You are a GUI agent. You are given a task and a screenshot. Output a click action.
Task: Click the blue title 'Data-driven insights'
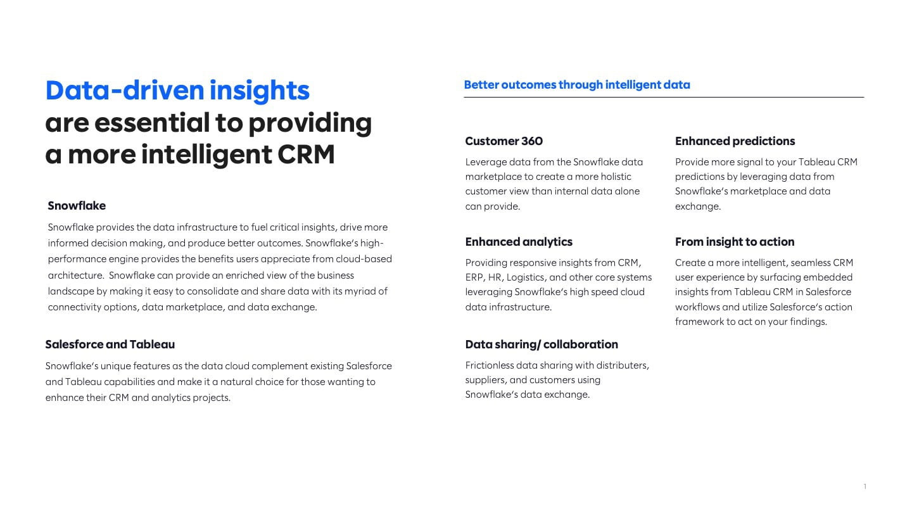177,91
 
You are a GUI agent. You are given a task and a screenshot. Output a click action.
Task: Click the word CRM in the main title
306,155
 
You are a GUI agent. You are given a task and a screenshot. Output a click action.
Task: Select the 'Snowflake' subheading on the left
77,206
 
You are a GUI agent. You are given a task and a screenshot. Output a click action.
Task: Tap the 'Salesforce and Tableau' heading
110,345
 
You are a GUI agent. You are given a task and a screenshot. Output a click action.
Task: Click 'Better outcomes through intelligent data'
577,85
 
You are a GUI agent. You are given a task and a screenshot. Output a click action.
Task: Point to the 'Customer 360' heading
504,141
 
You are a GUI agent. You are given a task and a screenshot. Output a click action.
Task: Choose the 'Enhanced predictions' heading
735,141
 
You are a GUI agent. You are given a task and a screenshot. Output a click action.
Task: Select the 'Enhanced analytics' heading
519,242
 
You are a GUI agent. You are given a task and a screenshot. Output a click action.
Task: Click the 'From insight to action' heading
735,242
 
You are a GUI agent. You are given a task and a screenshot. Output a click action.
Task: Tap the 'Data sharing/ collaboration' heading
541,345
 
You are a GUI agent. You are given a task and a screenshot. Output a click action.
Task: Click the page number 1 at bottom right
864,486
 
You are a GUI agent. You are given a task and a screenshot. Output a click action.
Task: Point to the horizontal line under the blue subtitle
664,98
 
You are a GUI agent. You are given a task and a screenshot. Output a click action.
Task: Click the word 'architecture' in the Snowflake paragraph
75,275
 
